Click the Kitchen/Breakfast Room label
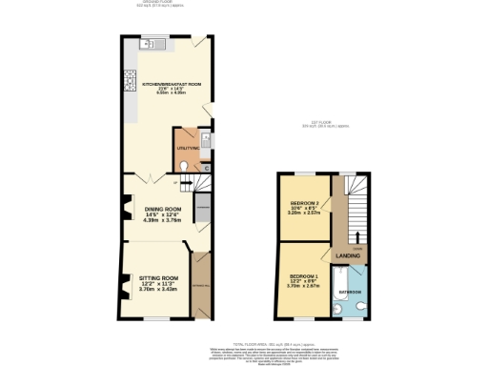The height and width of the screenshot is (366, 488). pos(173,84)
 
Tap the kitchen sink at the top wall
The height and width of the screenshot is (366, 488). pos(158,45)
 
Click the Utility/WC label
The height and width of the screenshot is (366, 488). pos(187,149)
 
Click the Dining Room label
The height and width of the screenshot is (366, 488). pos(163,209)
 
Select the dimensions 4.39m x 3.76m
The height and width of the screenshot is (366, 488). pos(163,220)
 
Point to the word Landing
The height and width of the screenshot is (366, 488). pos(346,255)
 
